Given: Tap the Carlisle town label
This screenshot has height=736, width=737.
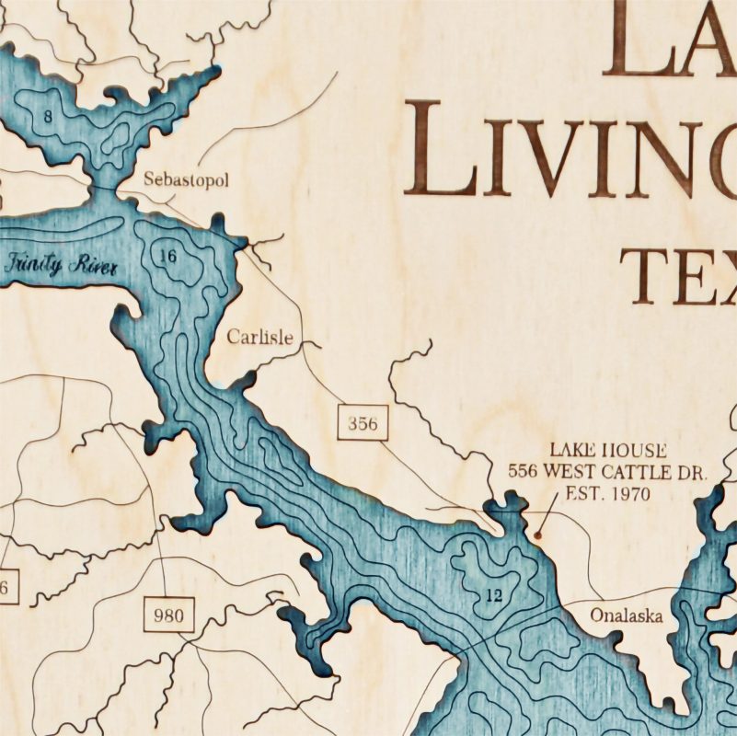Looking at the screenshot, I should tap(260, 338).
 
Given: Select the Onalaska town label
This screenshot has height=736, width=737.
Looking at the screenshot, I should tap(627, 615).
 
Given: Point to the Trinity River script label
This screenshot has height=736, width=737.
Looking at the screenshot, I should tap(62, 267).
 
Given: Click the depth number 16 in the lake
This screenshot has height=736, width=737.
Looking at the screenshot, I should tap(167, 256).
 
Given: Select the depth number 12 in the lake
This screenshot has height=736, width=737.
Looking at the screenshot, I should tap(493, 595).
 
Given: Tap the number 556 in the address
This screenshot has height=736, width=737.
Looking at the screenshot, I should tap(524, 473).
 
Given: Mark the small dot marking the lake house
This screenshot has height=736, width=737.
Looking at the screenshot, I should tap(537, 532).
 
